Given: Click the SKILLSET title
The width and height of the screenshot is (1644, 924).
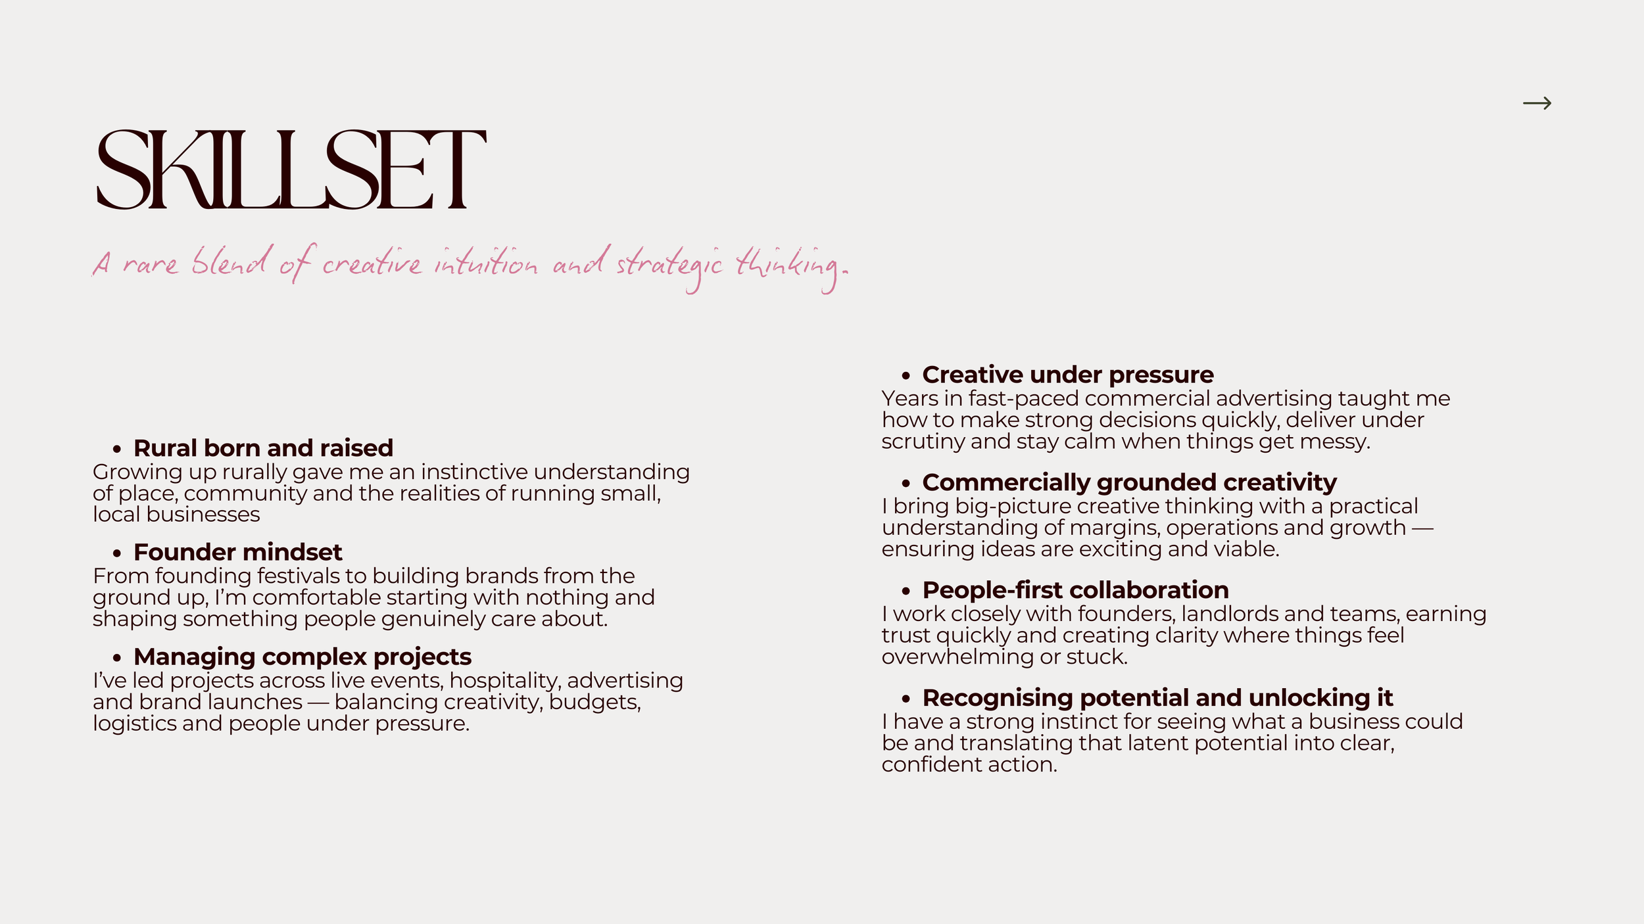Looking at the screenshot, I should (x=291, y=170).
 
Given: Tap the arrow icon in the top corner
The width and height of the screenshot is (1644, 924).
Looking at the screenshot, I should (x=1537, y=103).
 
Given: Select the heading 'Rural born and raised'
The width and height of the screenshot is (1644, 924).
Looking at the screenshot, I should (x=263, y=448).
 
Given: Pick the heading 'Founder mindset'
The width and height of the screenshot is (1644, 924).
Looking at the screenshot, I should (x=237, y=552).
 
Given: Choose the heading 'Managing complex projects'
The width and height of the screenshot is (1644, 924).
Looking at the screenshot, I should (x=302, y=657).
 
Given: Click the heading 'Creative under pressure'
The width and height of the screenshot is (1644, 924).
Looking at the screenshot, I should (x=1068, y=375).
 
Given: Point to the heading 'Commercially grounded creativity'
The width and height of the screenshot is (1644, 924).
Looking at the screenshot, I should (x=1129, y=482).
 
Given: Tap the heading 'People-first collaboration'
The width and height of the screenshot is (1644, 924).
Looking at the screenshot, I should (x=1075, y=590).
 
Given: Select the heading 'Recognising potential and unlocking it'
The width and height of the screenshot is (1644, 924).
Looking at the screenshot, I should (x=1157, y=698).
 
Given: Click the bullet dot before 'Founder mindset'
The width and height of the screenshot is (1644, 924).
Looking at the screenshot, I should (x=117, y=553).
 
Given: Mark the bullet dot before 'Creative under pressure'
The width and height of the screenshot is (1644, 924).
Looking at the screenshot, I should (x=906, y=376).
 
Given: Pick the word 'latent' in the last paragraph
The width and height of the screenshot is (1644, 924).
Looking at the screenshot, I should (x=1158, y=743).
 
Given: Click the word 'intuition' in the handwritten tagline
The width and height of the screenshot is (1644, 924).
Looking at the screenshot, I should (x=485, y=264).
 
